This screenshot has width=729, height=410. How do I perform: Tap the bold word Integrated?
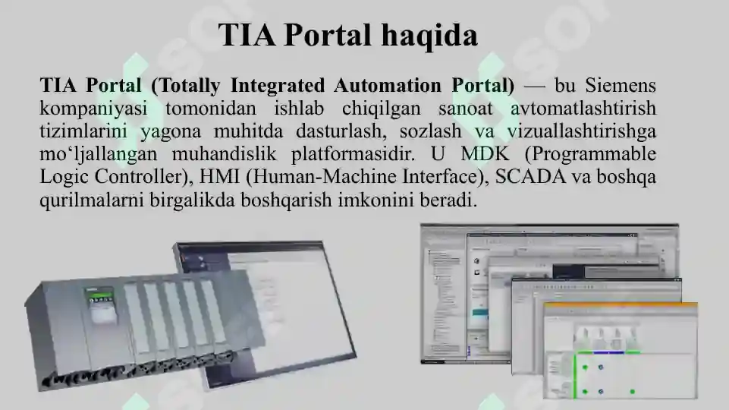tap(278, 85)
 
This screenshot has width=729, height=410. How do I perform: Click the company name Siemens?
tap(621, 85)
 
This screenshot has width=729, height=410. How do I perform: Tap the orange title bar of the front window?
tap(619, 306)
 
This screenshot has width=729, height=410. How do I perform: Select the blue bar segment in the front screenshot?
tap(610, 352)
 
